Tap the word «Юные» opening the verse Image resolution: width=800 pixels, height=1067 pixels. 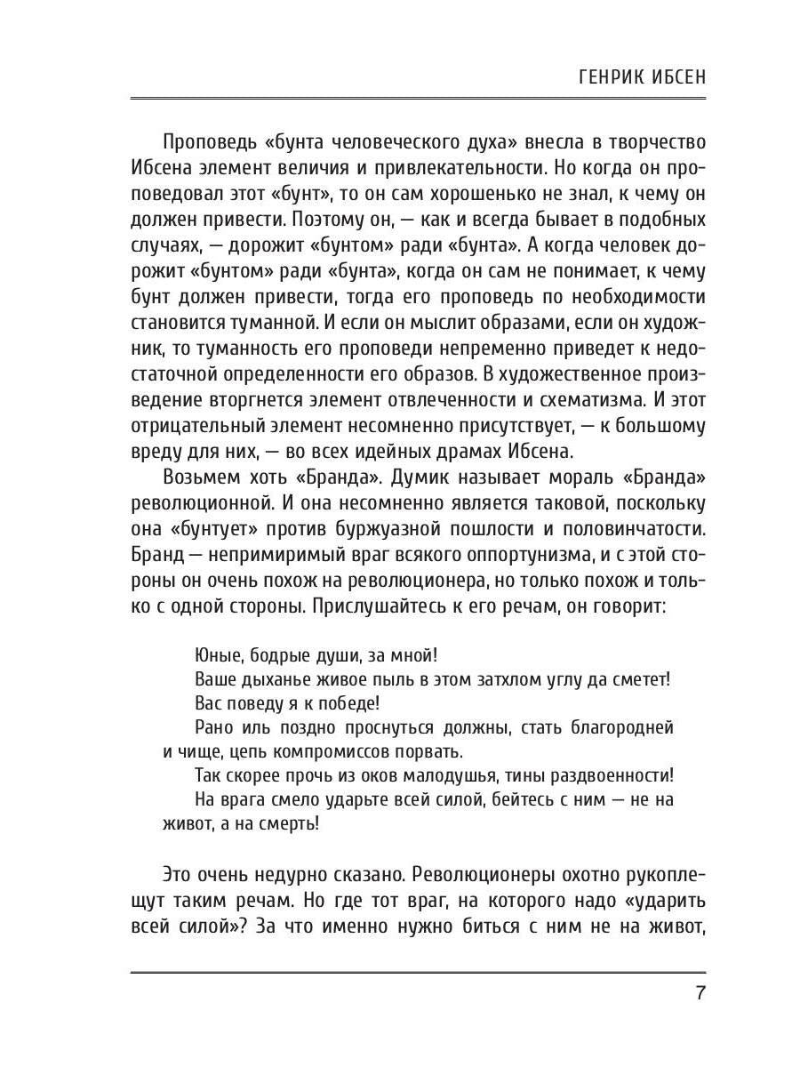[x=213, y=656]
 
